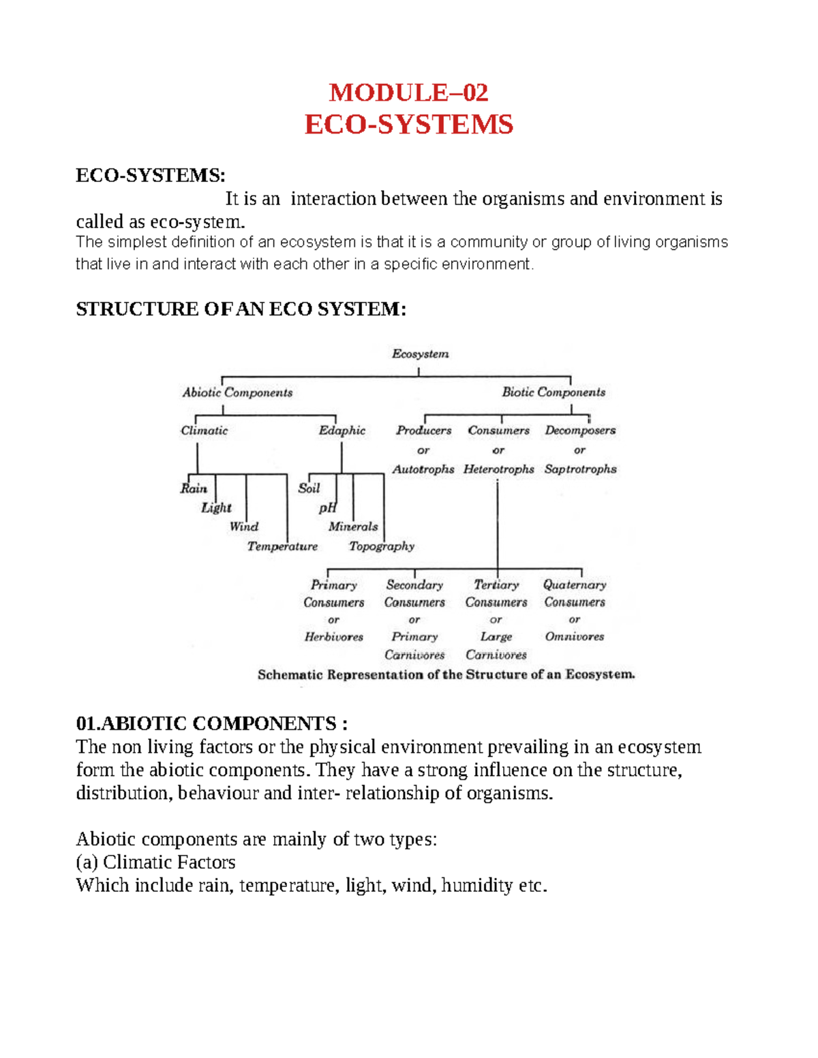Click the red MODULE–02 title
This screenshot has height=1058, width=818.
pyautogui.click(x=408, y=93)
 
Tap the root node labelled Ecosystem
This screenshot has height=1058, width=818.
pyautogui.click(x=420, y=354)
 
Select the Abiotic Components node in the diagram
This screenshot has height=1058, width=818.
pyautogui.click(x=237, y=392)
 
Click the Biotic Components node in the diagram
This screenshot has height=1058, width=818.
pyautogui.click(x=554, y=392)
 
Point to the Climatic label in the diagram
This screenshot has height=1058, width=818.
pyautogui.click(x=204, y=431)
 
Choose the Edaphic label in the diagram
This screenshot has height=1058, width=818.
pyautogui.click(x=342, y=431)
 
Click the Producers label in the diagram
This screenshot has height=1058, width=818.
pyautogui.click(x=423, y=431)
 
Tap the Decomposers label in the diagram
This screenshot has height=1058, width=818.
pyautogui.click(x=580, y=431)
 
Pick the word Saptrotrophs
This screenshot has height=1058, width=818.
pyautogui.click(x=580, y=469)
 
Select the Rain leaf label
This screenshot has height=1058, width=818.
pyautogui.click(x=194, y=488)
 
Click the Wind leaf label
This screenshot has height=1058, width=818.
pyautogui.click(x=244, y=527)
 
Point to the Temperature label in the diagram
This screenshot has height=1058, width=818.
pyautogui.click(x=282, y=546)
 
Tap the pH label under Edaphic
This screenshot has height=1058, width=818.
pyautogui.click(x=328, y=508)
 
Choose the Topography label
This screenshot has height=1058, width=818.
pyautogui.click(x=382, y=546)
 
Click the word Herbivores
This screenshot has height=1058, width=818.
pyautogui.click(x=334, y=637)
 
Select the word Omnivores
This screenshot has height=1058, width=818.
pyautogui.click(x=575, y=636)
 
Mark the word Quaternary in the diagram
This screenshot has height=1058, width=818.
pyautogui.click(x=575, y=585)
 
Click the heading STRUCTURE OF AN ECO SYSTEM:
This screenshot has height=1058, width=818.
pyautogui.click(x=241, y=309)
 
